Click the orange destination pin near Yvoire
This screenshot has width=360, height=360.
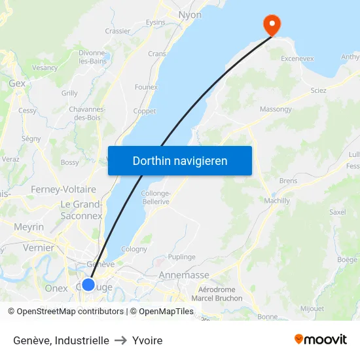[x=271, y=25]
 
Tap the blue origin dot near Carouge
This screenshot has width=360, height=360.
[x=88, y=285]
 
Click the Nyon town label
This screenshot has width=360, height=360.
[x=190, y=14]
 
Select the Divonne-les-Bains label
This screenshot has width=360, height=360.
[x=93, y=57]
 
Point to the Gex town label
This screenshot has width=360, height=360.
[x=17, y=83]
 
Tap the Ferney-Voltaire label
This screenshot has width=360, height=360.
[x=63, y=189]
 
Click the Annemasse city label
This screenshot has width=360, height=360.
[x=184, y=275]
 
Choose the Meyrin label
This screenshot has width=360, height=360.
[x=29, y=226]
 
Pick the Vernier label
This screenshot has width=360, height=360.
[x=39, y=248]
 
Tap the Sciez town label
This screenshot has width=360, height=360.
[x=319, y=90]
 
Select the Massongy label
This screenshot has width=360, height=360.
[x=276, y=109]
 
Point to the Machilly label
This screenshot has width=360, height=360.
[x=277, y=201]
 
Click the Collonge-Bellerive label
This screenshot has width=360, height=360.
[x=156, y=197]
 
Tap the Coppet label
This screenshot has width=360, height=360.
[x=145, y=111]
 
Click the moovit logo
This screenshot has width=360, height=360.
[x=320, y=339]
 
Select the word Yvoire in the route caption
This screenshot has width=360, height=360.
[x=147, y=340]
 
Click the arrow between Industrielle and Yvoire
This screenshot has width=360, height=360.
[x=120, y=340]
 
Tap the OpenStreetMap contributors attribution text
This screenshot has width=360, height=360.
[x=70, y=312]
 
